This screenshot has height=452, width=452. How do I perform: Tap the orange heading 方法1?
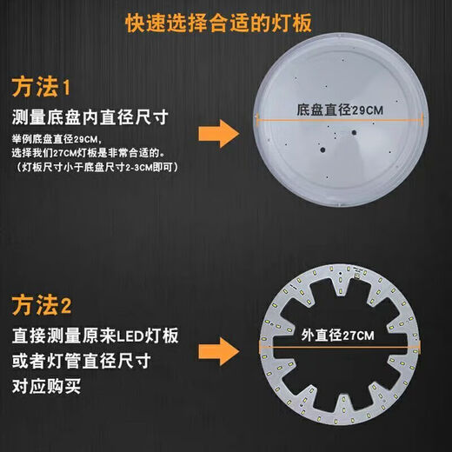pyautogui.click(x=45, y=88)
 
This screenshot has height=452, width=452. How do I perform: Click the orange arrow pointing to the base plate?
pyautogui.click(x=219, y=135)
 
